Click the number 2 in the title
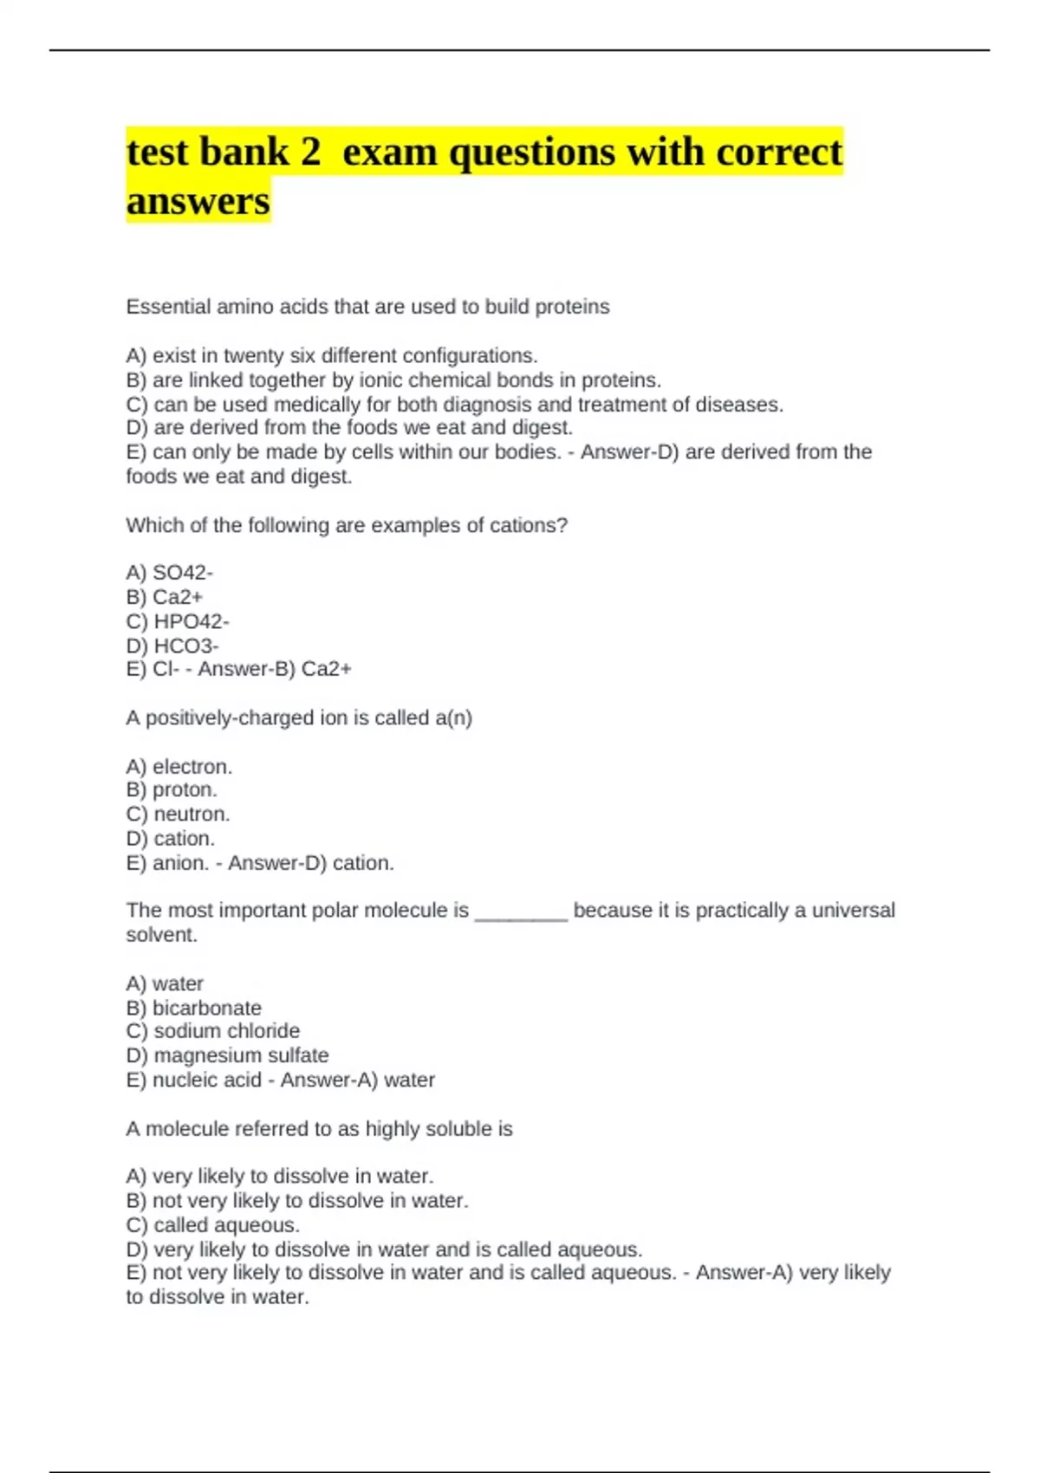310,152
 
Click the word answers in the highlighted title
198,201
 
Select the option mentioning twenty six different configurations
332,356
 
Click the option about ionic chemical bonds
393,380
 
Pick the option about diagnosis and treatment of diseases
454,405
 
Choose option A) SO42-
170,573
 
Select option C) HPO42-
178,621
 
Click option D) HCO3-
172,646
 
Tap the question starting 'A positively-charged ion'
299,718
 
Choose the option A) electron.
179,767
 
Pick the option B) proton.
172,790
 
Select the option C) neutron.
178,814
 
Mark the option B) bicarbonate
193,1008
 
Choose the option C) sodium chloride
213,1031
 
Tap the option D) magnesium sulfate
227,1055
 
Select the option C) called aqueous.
213,1225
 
